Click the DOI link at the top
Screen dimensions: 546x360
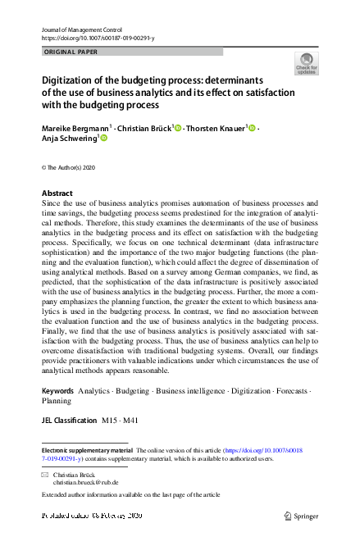tap(97, 38)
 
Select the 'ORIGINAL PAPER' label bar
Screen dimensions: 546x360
tap(131, 52)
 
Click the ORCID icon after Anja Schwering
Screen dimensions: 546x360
tap(103, 139)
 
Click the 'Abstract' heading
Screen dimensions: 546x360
tap(57, 193)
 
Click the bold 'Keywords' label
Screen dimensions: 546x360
tap(58, 391)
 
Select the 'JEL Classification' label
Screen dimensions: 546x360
tap(69, 419)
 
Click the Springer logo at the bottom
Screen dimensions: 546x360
tap(301, 516)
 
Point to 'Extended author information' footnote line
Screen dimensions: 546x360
tap(130, 495)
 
